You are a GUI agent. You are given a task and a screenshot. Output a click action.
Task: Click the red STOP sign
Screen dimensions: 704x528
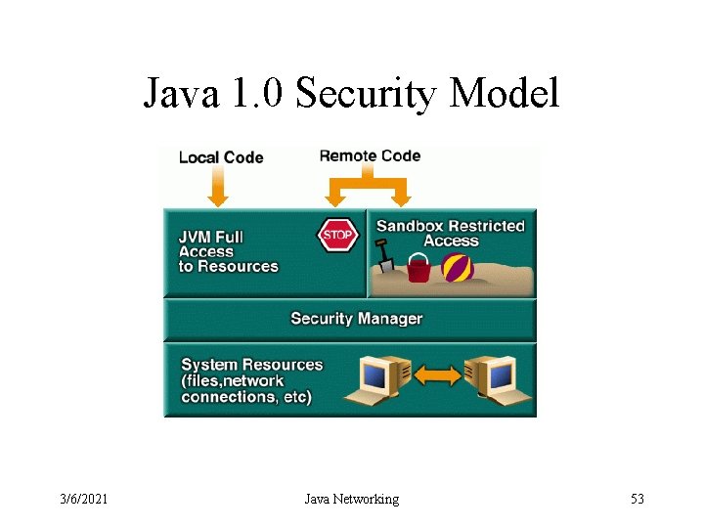[336, 236]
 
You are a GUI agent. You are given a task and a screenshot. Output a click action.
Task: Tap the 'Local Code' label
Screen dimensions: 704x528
[221, 156]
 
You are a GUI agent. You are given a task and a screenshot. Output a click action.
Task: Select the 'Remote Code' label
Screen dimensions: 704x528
[370, 155]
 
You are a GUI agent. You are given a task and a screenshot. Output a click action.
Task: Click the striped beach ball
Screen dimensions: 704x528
[458, 267]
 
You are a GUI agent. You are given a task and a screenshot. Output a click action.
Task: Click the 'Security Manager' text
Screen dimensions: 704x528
[356, 319]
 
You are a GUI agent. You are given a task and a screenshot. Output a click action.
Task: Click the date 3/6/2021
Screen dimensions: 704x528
[83, 500]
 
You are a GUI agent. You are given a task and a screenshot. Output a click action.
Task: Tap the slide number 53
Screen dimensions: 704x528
[638, 500]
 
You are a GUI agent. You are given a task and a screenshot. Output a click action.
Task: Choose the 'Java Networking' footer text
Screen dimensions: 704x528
[351, 500]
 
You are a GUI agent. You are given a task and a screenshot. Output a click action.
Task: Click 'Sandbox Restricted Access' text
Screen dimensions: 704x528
[451, 233]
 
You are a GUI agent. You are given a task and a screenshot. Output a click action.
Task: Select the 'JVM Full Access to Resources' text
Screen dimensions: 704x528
[228, 251]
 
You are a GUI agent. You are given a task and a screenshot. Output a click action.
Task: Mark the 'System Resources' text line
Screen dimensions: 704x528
[252, 365]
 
